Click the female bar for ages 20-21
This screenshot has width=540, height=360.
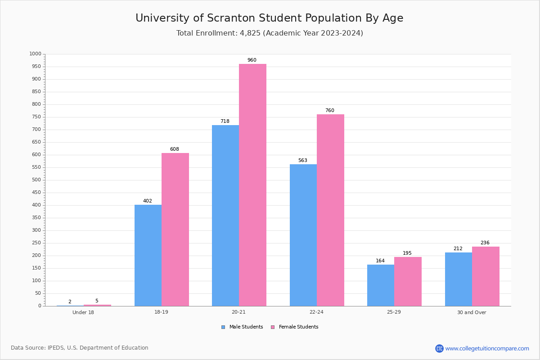252,185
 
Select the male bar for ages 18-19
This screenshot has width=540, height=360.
148,255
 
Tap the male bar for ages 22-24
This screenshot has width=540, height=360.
303,235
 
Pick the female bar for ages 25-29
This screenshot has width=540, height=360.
408,281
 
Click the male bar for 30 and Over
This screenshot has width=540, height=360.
459,279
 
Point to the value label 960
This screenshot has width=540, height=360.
252,60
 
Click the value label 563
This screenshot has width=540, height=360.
302,161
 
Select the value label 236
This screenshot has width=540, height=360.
485,243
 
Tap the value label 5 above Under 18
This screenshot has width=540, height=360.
97,301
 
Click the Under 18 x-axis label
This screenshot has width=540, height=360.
83,312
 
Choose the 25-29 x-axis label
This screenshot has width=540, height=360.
394,312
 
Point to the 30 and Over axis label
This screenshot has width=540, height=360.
472,312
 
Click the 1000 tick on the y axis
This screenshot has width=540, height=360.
35,54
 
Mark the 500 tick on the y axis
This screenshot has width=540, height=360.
36,180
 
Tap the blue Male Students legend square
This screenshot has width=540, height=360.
223,327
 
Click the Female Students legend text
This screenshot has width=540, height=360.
298,327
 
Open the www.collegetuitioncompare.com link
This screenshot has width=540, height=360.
487,348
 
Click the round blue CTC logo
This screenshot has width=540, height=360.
439,348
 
